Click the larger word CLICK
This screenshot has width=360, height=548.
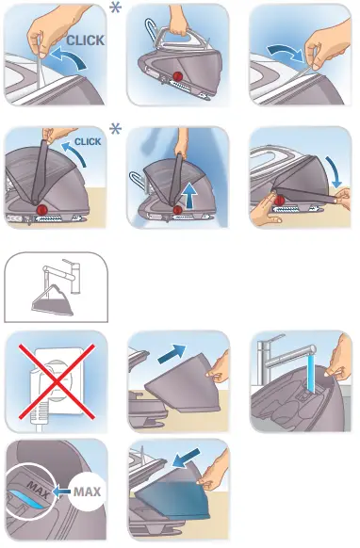(86, 40)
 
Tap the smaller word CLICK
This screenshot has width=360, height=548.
(88, 141)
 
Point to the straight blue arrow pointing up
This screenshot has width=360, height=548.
(189, 196)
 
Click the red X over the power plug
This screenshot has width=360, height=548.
(57, 381)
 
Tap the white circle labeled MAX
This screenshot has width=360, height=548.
(87, 492)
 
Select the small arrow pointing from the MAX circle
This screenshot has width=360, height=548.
(61, 492)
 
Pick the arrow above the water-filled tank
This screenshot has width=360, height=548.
(187, 458)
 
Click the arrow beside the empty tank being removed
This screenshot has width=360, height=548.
(172, 354)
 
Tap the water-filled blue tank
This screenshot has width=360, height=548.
(172, 497)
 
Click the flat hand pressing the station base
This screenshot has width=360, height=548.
(265, 210)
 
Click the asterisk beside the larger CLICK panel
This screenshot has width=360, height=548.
(116, 8)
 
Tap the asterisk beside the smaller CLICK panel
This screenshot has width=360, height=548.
(116, 129)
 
